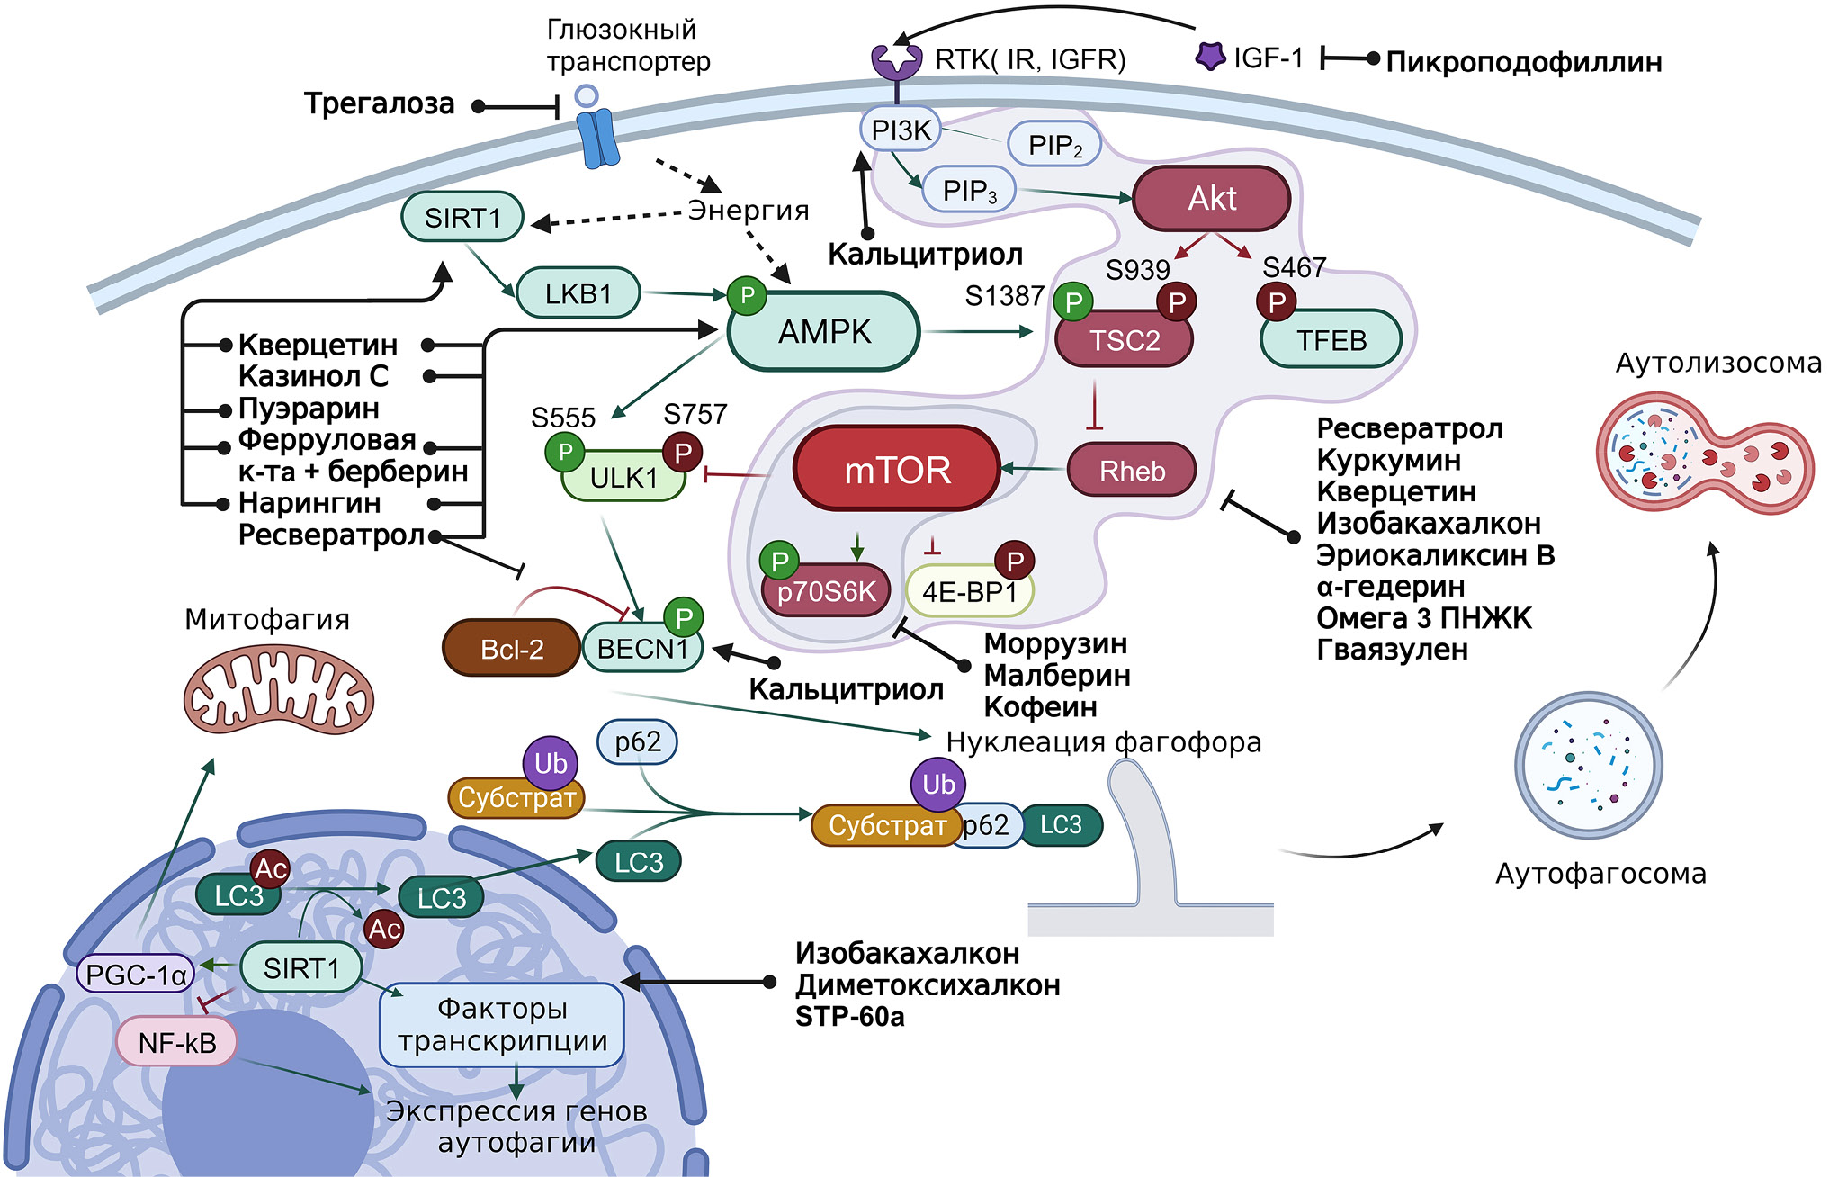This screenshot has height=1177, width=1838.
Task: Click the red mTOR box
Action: pyautogui.click(x=897, y=469)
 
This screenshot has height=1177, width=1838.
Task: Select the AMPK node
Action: pyautogui.click(x=824, y=331)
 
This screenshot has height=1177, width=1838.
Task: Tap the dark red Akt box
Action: pyautogui.click(x=1212, y=198)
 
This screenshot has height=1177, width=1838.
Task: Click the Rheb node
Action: pyautogui.click(x=1132, y=471)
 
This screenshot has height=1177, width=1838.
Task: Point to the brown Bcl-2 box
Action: pyautogui.click(x=511, y=648)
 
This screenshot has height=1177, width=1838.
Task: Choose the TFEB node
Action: pyautogui.click(x=1331, y=340)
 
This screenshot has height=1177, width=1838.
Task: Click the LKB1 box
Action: pyautogui.click(x=578, y=293)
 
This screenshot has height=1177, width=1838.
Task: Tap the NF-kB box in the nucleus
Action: pyautogui.click(x=177, y=1042)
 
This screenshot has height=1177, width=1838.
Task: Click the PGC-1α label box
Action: pyautogui.click(x=136, y=975)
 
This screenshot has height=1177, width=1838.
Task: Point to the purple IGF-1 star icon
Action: pyautogui.click(x=1210, y=57)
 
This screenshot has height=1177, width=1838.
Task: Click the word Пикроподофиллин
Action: pyautogui.click(x=1523, y=62)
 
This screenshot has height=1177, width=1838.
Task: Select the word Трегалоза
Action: pyautogui.click(x=379, y=104)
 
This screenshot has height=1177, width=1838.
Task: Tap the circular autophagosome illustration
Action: pyautogui.click(x=1588, y=766)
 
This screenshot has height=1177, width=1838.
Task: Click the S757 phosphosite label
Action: pyautogui.click(x=695, y=414)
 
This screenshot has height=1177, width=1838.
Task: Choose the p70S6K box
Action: pyautogui.click(x=826, y=591)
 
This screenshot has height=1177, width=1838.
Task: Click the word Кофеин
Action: pyautogui.click(x=1040, y=707)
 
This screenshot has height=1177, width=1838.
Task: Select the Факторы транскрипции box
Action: pyautogui.click(x=502, y=1025)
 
